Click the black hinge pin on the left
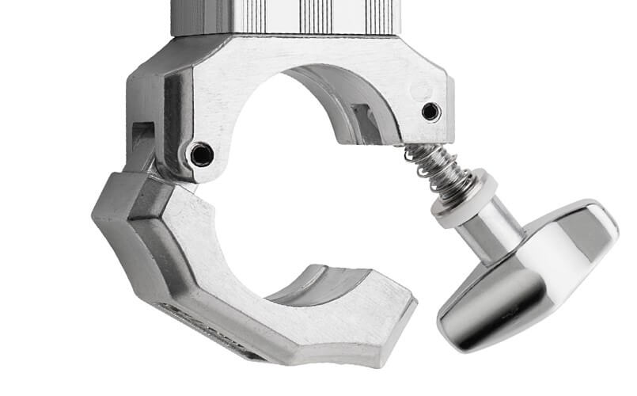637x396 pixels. (x=201, y=154)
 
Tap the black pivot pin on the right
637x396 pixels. (x=430, y=111)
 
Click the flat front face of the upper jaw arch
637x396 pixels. (x=237, y=87)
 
